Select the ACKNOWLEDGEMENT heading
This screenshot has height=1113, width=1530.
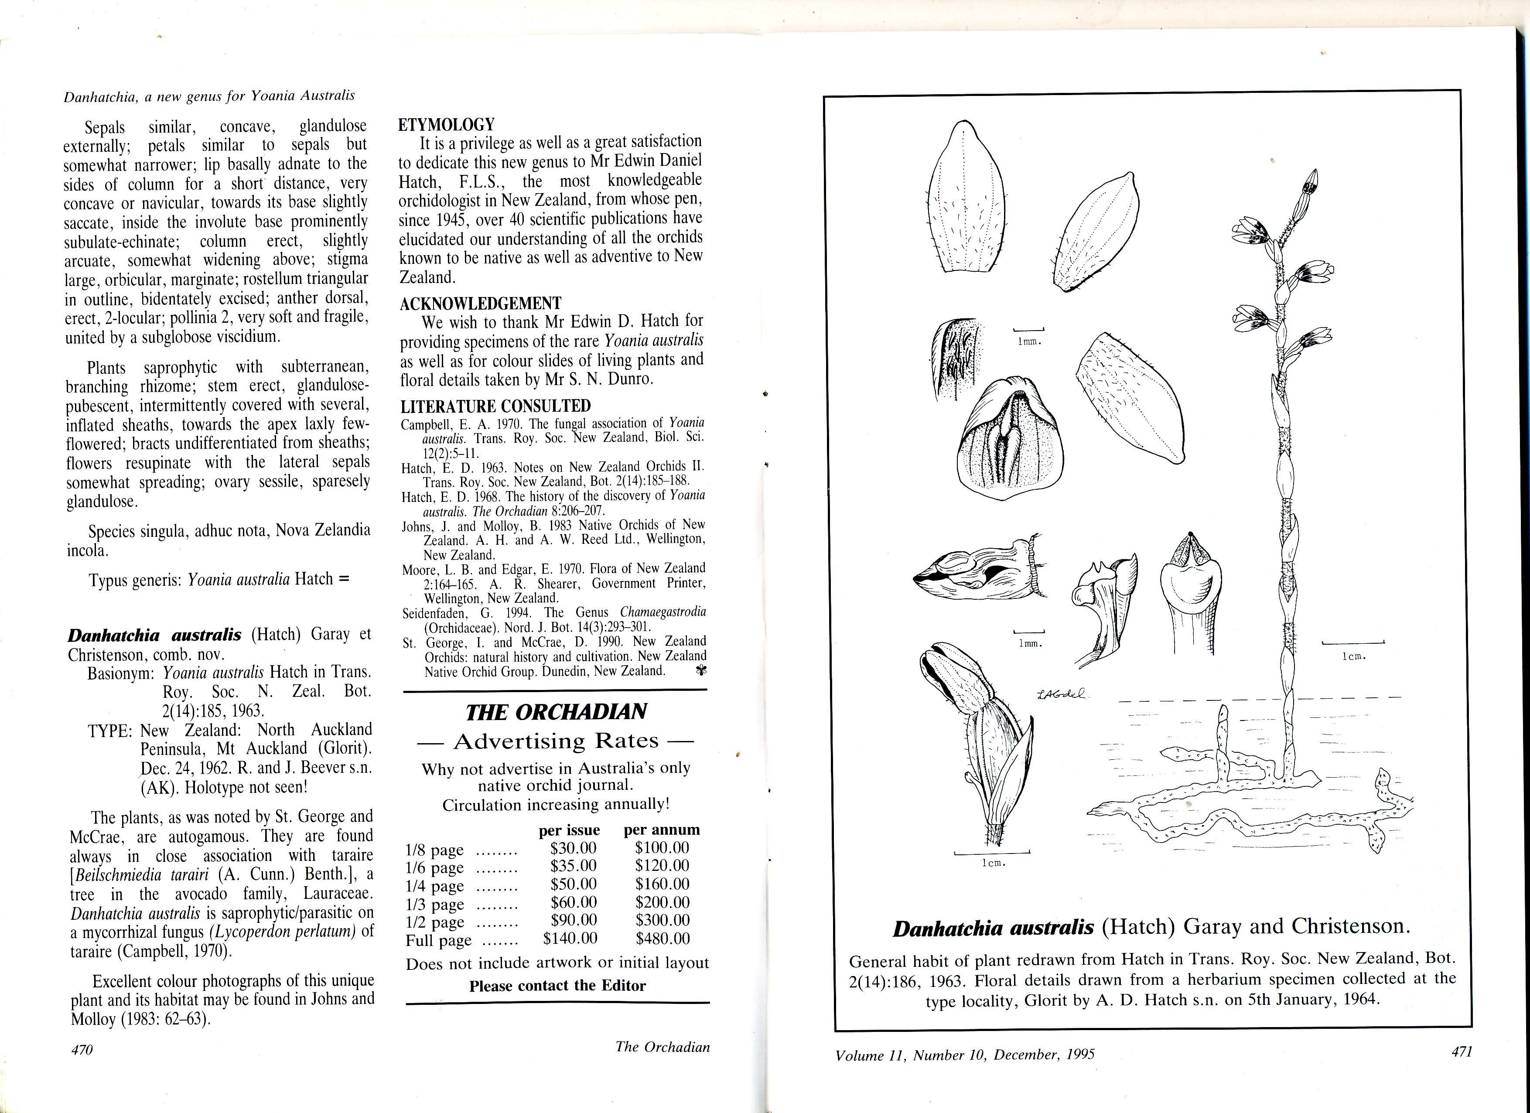click(x=480, y=304)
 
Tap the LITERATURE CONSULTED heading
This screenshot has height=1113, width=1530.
click(x=495, y=406)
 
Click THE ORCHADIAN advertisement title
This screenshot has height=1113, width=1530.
click(x=556, y=712)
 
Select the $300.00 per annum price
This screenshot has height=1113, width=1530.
click(x=662, y=920)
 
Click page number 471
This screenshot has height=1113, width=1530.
click(x=1461, y=1051)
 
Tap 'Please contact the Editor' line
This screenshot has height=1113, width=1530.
click(x=557, y=986)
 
